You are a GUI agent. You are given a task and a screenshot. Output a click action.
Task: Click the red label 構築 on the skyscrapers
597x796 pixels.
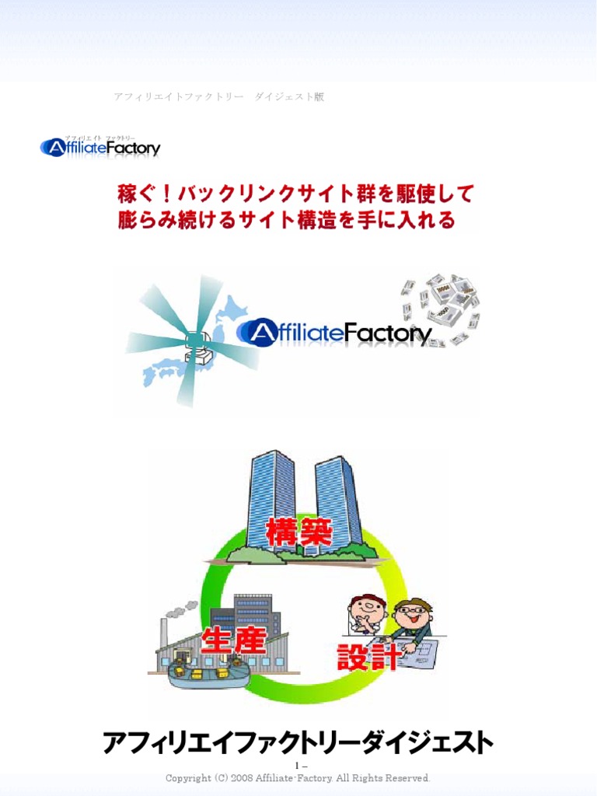299,533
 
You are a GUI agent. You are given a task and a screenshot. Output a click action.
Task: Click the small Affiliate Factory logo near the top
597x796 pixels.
100,146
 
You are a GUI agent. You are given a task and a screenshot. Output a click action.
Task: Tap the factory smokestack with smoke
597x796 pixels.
164,630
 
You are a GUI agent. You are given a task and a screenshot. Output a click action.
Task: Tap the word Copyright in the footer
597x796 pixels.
188,778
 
